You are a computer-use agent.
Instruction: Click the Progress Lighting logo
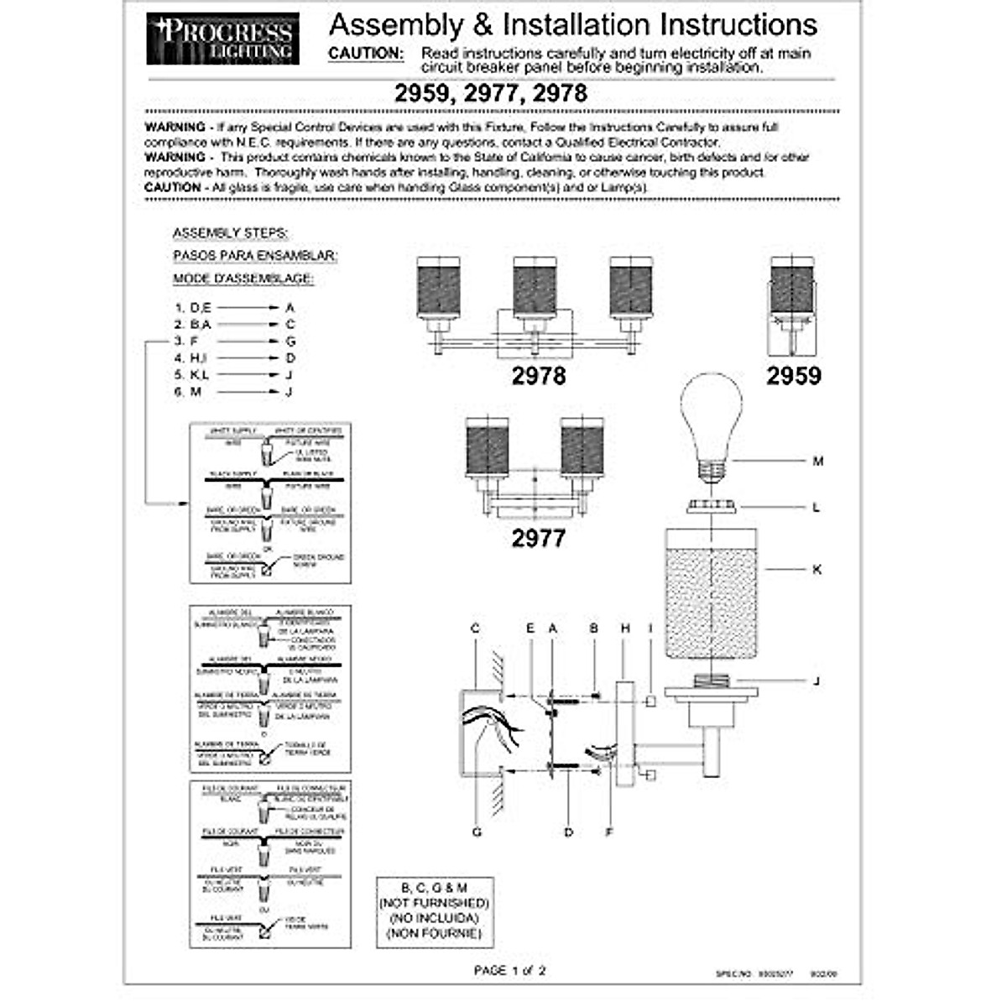(x=222, y=39)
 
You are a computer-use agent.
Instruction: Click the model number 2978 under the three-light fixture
(x=539, y=376)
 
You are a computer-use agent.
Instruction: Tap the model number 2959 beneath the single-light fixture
(x=793, y=376)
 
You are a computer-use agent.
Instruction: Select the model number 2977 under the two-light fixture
(x=539, y=537)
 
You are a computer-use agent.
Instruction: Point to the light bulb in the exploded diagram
(x=711, y=424)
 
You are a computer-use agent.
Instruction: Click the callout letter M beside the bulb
(x=818, y=461)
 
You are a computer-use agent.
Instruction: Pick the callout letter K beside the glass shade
(x=817, y=570)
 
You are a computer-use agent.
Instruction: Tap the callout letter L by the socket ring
(x=817, y=508)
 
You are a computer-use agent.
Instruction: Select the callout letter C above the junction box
(x=475, y=628)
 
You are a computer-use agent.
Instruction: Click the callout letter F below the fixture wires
(x=609, y=832)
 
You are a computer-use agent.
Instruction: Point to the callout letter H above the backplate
(x=625, y=628)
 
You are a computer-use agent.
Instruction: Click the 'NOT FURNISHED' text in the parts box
(x=434, y=903)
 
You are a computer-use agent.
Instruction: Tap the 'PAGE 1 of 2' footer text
(x=509, y=971)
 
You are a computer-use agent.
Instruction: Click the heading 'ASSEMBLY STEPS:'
(x=230, y=233)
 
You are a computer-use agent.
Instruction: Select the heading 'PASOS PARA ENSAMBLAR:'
(x=255, y=255)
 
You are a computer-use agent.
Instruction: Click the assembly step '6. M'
(x=188, y=392)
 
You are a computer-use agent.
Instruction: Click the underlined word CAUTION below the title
(x=365, y=53)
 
